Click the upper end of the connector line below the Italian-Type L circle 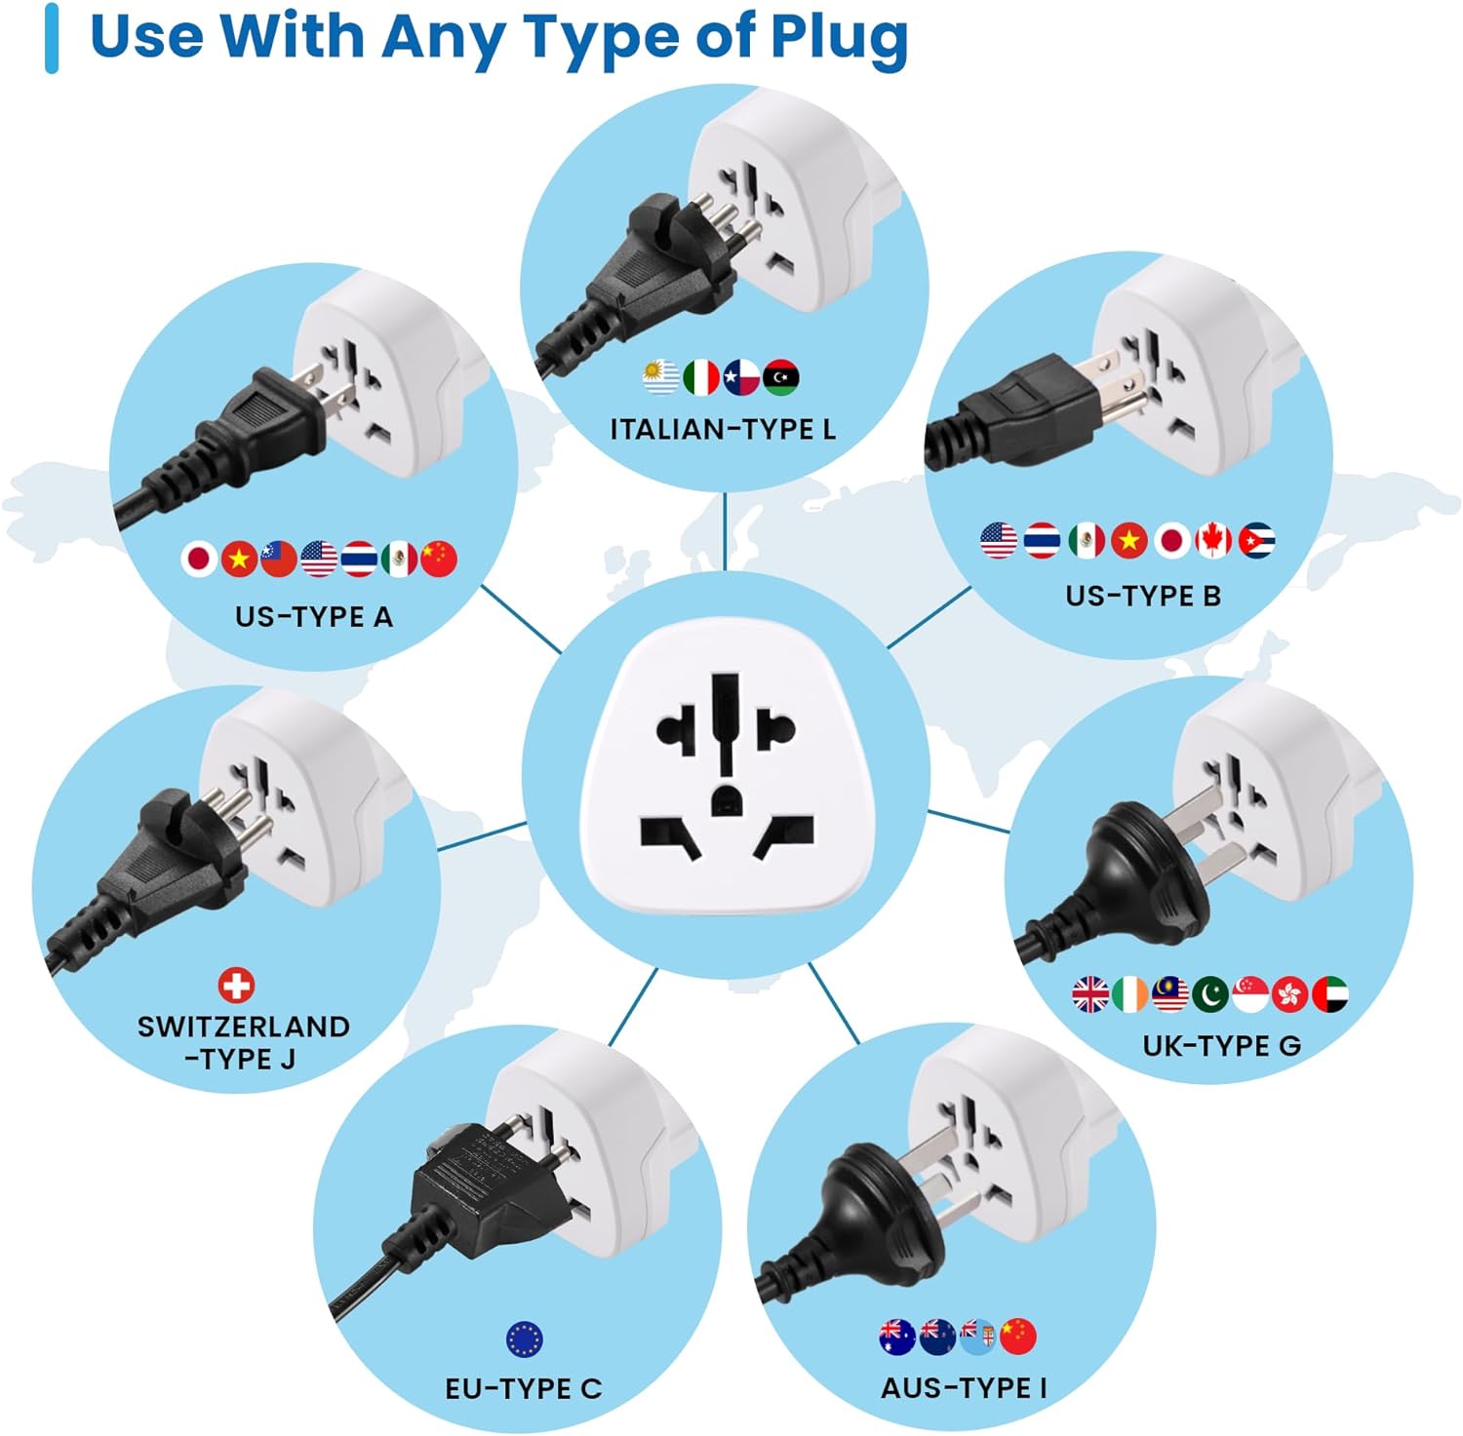coord(725,493)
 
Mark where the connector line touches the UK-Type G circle coord(1009,832)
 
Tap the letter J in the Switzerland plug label coord(287,1059)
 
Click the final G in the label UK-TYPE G coord(1289,1046)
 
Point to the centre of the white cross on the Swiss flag coord(236,985)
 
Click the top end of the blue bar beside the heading coord(52,7)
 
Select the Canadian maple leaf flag coord(1213,540)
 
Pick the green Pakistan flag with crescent coord(1210,994)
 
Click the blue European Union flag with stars coord(525,1339)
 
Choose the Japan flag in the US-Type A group coord(199,559)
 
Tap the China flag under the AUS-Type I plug coord(1018,1336)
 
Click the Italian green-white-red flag coord(701,377)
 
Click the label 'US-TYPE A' coord(314,617)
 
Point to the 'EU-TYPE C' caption coord(524,1388)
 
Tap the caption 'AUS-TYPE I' coord(964,1388)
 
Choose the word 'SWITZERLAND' coord(244,1027)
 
